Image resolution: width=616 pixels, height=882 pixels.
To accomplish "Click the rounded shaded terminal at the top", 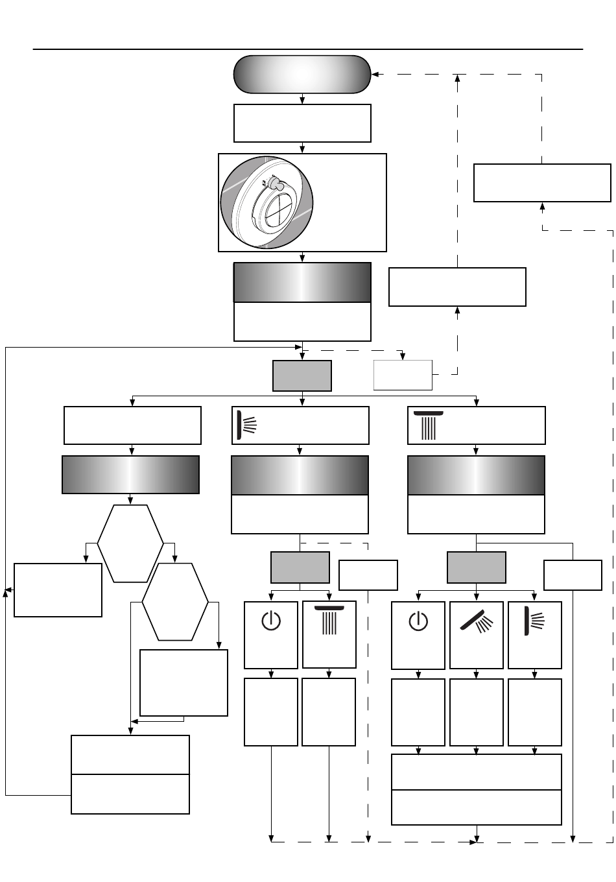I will (x=302, y=74).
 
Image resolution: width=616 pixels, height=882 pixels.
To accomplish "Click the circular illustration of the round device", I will (x=267, y=202).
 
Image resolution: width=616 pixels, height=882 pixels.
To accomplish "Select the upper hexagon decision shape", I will (x=130, y=543).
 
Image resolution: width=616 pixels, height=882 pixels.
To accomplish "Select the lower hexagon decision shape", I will (x=175, y=602).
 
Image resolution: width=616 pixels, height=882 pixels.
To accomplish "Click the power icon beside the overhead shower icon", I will (x=271, y=621).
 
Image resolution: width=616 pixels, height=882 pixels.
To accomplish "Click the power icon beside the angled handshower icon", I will (x=418, y=621).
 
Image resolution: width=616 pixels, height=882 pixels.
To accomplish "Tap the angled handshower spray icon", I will (x=477, y=621).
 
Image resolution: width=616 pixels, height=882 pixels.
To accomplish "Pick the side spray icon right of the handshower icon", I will (x=534, y=621).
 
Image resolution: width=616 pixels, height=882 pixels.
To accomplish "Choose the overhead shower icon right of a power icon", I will (x=329, y=621).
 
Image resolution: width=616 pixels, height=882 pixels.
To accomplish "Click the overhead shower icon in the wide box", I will (x=429, y=425).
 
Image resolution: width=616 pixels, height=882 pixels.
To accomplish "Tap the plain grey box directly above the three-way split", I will (x=302, y=375).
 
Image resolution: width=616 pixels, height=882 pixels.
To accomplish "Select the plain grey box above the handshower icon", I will (x=477, y=567).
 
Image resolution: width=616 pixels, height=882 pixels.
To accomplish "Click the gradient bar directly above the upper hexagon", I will (x=130, y=475).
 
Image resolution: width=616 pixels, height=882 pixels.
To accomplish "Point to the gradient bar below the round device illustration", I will (x=302, y=282).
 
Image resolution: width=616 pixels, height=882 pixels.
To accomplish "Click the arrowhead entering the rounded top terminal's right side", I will (x=375, y=74).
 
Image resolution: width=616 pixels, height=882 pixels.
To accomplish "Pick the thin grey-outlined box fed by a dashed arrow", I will (x=403, y=375).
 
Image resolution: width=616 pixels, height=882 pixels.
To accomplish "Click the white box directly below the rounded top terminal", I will (x=302, y=123).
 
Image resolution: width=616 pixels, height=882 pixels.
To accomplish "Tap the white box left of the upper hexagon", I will (x=58, y=590).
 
